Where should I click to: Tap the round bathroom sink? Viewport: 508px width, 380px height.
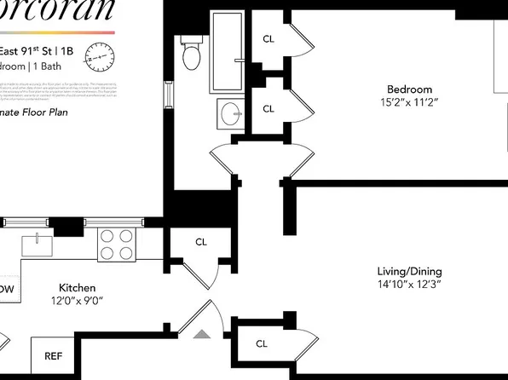point(231,112)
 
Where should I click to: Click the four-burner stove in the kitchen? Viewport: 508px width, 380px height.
point(118,245)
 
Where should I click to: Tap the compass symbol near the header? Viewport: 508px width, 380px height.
point(100,60)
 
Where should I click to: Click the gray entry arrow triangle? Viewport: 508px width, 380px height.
point(202,333)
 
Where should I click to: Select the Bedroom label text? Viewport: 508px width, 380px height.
point(409,89)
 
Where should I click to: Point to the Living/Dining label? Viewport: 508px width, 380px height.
point(410,272)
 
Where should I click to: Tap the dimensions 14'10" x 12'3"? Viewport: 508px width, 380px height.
point(410,285)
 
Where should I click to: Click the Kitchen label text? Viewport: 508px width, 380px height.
point(77,288)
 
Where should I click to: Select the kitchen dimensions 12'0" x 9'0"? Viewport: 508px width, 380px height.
point(77,301)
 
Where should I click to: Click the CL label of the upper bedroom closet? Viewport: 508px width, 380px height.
point(268,38)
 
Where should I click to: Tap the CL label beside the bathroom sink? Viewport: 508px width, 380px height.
point(268,109)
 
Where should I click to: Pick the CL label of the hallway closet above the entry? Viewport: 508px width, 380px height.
point(201,242)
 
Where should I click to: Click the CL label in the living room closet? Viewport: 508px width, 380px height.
point(262,344)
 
